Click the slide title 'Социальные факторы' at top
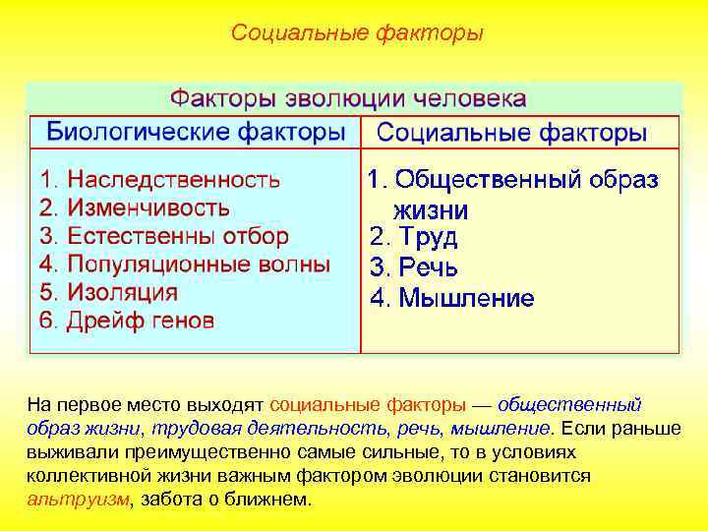pos(357,33)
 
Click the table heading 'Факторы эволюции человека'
pos(349,99)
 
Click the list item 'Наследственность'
pos(173,180)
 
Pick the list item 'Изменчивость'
pos(147,208)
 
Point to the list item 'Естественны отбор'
pos(177,237)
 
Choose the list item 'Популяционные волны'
pos(198,265)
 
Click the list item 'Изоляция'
pos(122,293)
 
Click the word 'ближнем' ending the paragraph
pos(276,499)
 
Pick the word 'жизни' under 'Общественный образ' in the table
pos(431,209)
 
